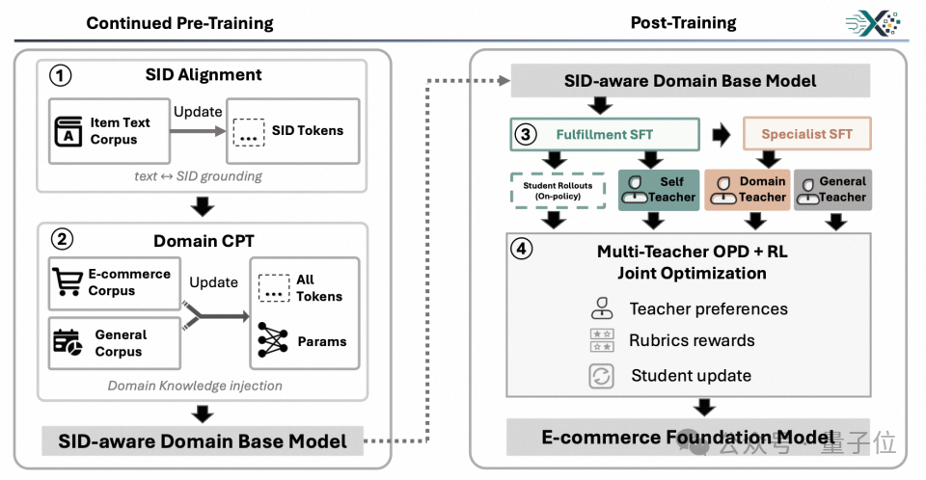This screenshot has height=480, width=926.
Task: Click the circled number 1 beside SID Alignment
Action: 60,75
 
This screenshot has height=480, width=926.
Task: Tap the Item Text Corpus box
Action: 110,130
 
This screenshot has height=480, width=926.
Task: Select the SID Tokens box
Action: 293,130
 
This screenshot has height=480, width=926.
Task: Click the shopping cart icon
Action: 67,281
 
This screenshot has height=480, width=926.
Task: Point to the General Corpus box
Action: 115,343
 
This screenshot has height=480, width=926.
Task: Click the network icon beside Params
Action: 273,340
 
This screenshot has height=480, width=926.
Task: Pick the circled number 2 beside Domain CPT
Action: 62,240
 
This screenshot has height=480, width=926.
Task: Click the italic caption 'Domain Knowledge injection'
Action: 195,386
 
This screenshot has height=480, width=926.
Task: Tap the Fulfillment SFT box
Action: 605,135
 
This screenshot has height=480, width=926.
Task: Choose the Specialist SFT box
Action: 806,133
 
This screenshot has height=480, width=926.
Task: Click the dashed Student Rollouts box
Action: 558,190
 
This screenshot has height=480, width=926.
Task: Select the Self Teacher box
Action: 659,190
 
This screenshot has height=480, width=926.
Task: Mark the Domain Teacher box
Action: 747,190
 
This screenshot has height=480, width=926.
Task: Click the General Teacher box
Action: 832,190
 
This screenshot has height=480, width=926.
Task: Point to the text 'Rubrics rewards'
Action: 692,340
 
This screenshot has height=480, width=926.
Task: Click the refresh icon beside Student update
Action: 601,376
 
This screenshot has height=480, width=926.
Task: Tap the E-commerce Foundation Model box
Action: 688,438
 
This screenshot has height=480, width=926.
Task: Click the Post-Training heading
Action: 683,23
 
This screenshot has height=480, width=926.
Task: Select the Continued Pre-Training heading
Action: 179,23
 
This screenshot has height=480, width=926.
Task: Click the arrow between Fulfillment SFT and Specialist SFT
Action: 722,135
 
